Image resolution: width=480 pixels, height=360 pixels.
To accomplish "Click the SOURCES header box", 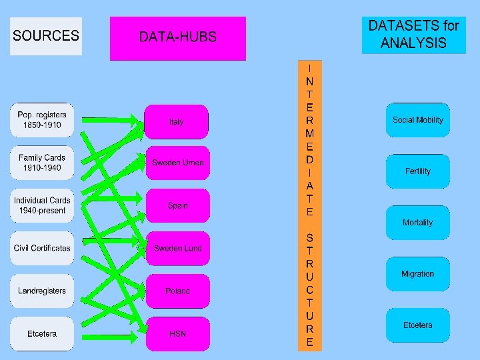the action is pos(46,36).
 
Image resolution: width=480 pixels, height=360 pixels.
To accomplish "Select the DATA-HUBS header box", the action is pos(177,38).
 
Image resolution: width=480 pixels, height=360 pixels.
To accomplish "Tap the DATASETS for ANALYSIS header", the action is pos(413,35).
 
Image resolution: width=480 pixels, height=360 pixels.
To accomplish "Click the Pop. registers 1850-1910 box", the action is pos(42,120).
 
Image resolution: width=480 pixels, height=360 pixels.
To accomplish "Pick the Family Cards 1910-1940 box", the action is pos(42,163).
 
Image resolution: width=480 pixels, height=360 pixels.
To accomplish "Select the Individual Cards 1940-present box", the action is pos(42,205).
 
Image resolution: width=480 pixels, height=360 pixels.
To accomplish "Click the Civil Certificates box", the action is pos(42,248).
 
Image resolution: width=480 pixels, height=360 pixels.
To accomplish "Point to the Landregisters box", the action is pos(42,291).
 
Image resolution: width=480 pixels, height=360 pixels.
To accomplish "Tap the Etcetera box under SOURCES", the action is pos(42,333).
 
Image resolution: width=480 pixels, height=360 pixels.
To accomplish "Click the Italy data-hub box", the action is pos(177,122).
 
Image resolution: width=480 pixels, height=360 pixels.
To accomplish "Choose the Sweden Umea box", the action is pos(177,163).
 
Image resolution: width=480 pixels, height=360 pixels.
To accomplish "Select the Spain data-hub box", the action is pos(177,206).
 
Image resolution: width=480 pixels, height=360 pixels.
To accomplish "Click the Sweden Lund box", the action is pos(177,249).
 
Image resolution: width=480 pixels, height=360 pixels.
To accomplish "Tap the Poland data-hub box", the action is pos(177,291).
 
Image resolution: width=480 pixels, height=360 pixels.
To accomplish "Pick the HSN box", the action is pos(177,333).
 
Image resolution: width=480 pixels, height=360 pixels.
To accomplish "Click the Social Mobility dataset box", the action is pos(417,120).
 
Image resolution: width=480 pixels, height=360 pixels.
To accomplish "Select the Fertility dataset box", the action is pos(417,171).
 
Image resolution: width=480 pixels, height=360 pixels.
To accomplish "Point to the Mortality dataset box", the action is pos(417,223).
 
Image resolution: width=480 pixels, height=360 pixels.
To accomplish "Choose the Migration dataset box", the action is pos(417,274).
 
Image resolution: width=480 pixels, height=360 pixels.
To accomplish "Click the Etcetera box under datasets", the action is pos(417,325).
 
